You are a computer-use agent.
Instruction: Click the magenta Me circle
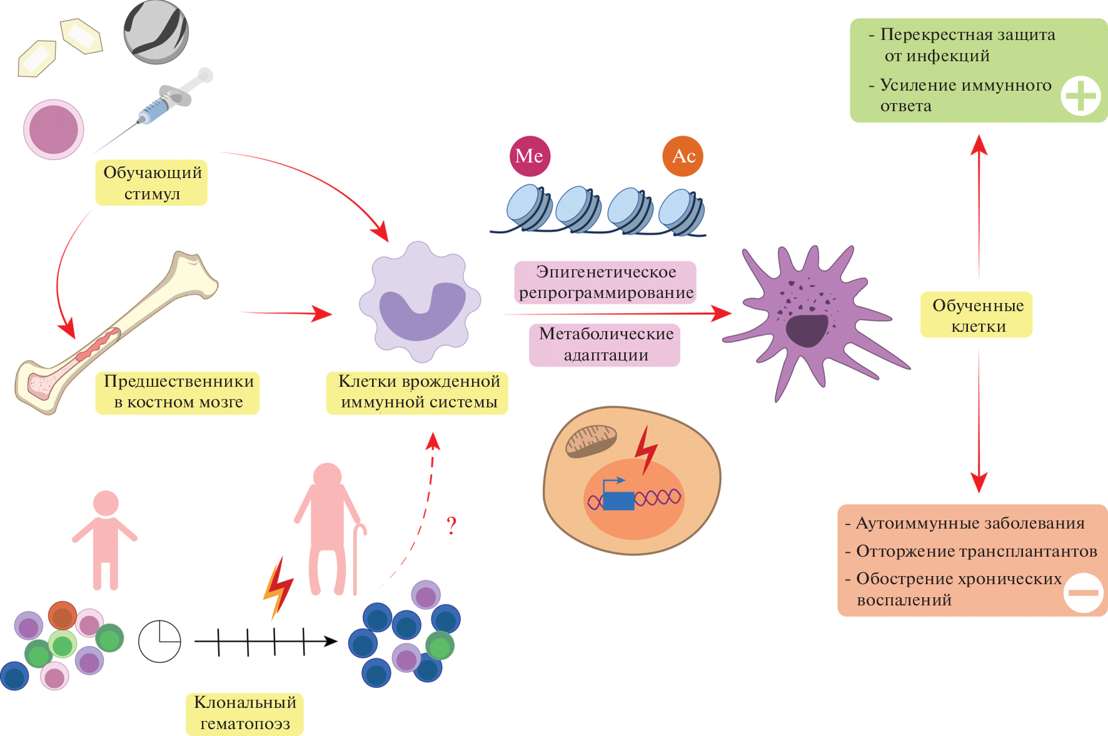530,156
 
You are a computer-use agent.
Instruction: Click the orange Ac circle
683,156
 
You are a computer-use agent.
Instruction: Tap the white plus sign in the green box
1080,96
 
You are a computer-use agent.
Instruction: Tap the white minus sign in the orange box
1083,592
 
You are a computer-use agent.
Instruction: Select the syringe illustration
168,104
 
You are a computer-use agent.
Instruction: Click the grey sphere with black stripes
156,31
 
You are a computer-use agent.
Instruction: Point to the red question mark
451,525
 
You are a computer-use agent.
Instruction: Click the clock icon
159,641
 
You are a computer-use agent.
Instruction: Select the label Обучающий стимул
152,182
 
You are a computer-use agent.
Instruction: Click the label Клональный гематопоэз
244,713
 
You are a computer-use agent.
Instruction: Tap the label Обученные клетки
978,315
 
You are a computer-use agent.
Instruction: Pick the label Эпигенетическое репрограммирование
605,282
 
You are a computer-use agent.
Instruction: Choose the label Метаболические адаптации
605,344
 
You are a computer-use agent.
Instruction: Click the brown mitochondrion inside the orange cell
591,440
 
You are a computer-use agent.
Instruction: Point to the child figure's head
106,503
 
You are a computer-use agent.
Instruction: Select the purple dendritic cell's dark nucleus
807,331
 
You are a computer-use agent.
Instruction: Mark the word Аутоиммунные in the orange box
907,523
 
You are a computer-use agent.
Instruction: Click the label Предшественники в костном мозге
178,392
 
